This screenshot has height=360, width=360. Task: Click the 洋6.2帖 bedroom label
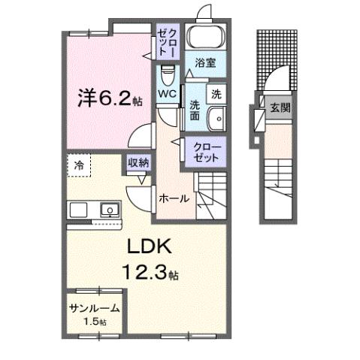click(x=107, y=99)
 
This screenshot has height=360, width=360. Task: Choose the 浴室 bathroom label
click(x=204, y=64)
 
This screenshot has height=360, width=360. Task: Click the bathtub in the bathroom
click(x=206, y=38)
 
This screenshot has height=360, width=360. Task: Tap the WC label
click(x=167, y=94)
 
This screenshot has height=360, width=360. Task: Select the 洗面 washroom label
click(x=194, y=111)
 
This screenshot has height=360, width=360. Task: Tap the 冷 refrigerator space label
click(x=78, y=163)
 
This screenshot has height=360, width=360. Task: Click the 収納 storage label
click(x=137, y=162)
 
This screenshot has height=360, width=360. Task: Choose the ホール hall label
click(x=173, y=198)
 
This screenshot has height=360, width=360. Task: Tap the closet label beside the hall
click(x=205, y=152)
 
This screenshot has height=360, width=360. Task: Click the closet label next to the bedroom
click(x=167, y=41)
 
